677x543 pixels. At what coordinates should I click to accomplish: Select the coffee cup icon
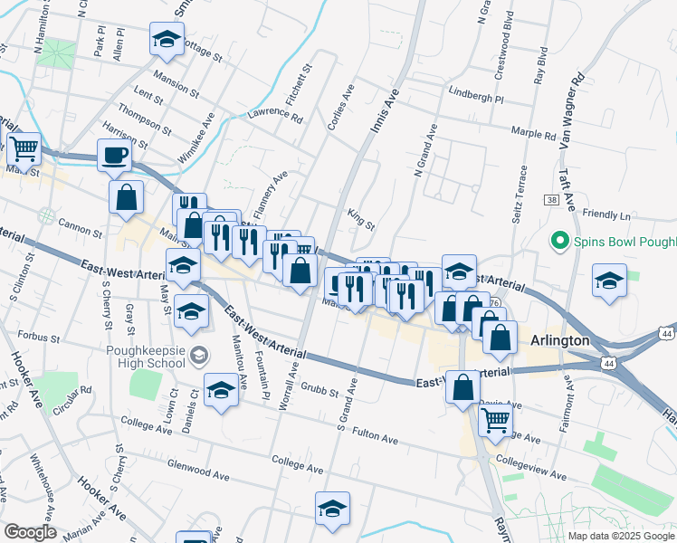click(x=114, y=155)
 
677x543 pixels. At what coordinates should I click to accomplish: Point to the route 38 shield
click(x=551, y=200)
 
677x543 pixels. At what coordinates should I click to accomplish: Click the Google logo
click(x=30, y=532)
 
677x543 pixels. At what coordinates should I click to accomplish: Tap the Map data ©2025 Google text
click(x=621, y=536)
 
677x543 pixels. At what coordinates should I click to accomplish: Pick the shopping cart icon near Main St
click(x=24, y=147)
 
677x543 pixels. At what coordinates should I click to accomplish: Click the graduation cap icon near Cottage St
click(x=165, y=39)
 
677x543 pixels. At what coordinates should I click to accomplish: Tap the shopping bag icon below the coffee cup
click(x=126, y=196)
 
